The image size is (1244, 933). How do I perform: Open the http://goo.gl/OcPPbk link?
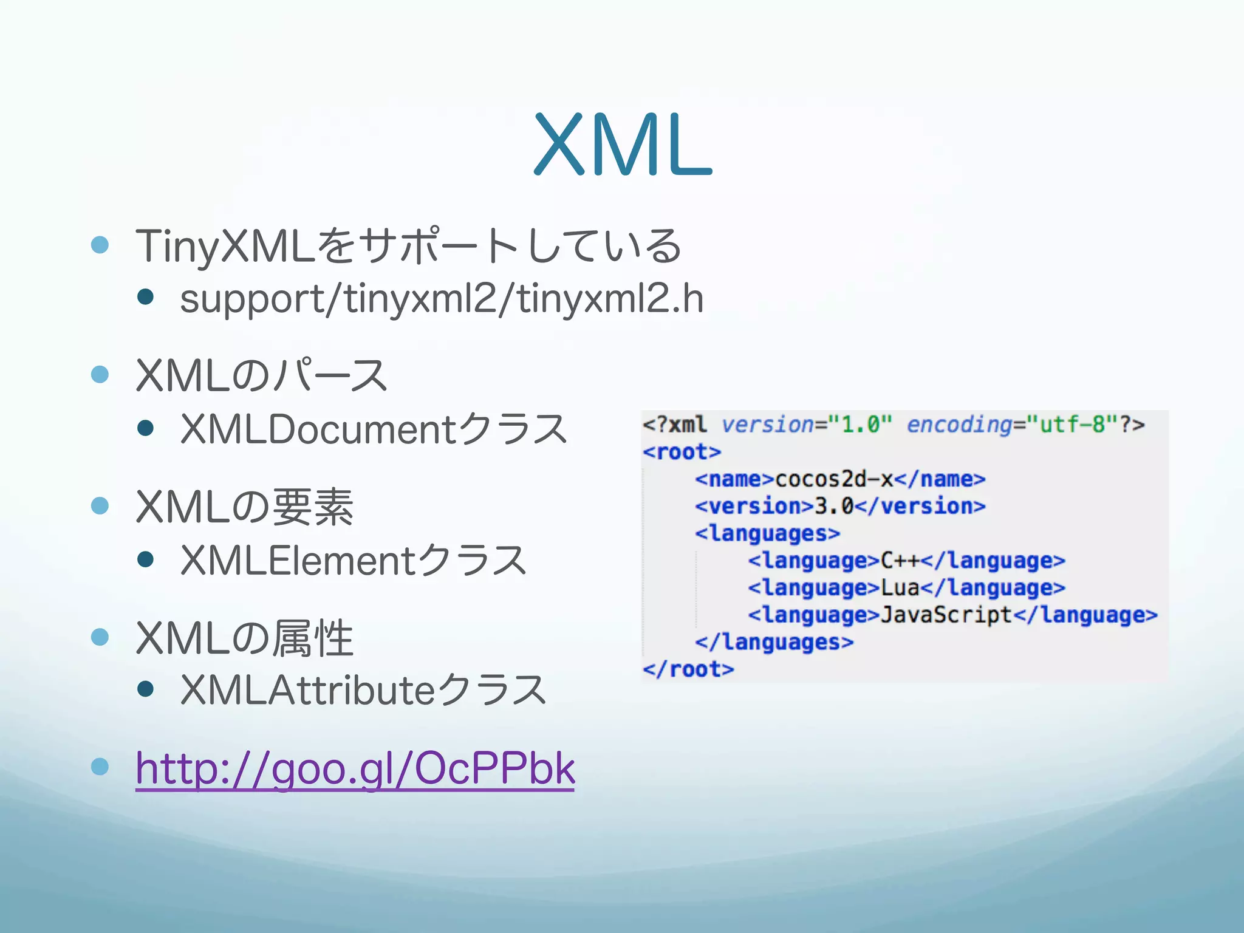coord(355,769)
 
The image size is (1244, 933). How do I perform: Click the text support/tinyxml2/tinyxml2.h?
coord(442,299)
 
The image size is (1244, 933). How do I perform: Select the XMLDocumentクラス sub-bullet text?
coord(374,429)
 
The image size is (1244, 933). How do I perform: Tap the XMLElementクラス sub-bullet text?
coord(353,560)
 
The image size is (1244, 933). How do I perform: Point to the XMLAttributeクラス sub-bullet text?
coord(363,691)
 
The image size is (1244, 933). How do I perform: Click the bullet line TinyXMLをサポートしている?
coord(408,246)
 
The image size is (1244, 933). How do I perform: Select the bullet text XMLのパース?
coord(261,376)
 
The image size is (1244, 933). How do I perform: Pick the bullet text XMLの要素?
coord(244,507)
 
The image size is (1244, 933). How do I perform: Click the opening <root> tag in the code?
coord(682,452)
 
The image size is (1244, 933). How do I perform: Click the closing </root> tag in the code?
coord(688,669)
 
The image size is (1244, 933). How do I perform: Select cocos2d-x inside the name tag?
coord(834,479)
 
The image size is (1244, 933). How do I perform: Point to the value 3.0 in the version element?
coord(834,506)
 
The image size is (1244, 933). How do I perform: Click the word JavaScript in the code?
coord(946,615)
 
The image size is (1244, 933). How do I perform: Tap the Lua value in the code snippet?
coord(900,587)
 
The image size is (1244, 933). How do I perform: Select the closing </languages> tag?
coord(774,642)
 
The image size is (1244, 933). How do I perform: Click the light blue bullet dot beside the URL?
coord(100,767)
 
